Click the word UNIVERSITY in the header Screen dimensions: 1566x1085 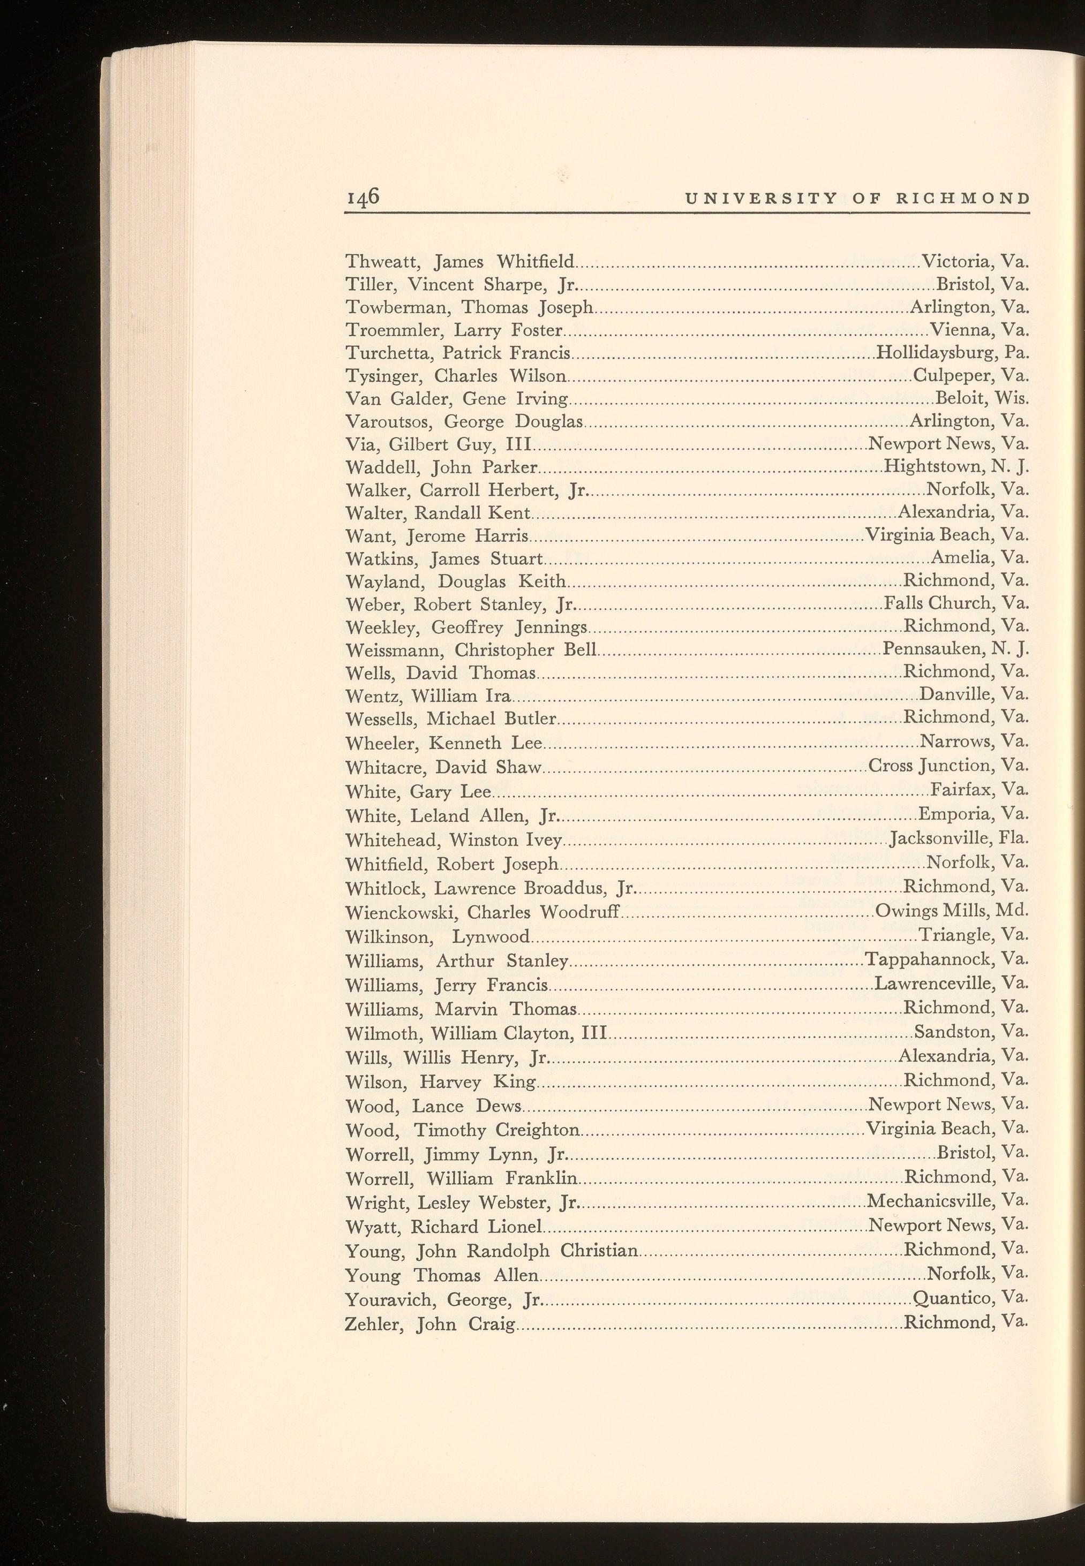pos(760,199)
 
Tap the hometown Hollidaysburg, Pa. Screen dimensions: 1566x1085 pos(952,353)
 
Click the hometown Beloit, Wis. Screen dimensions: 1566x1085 pos(982,398)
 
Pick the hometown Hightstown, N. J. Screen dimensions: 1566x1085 pos(956,467)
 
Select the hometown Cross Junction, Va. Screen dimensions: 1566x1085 pos(948,766)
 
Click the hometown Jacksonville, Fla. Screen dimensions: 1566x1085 pos(959,839)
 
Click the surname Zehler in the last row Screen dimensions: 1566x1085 pos(373,1325)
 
